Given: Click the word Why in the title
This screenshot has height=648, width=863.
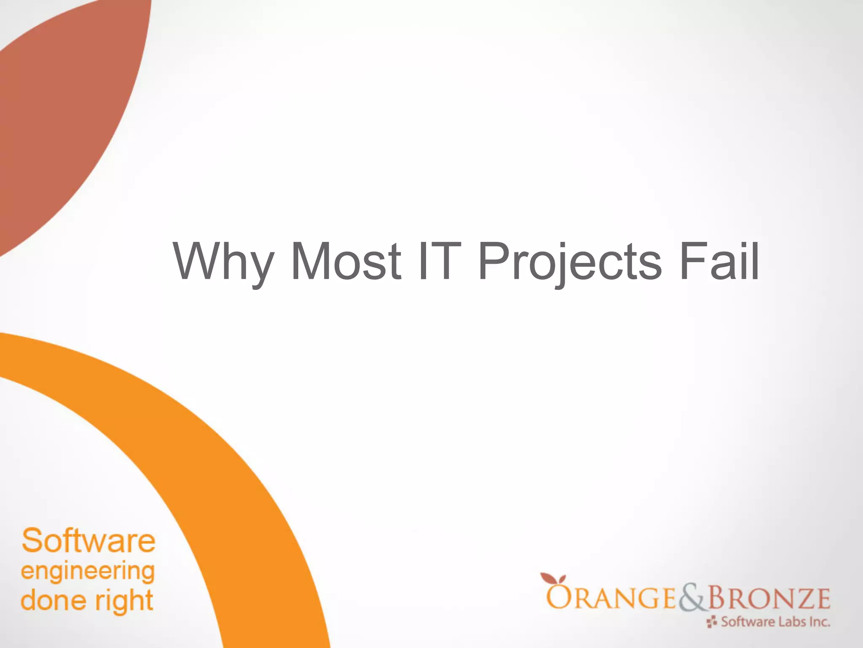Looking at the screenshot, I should pos(223,262).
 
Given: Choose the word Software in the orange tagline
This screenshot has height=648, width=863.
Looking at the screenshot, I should pos(88,541).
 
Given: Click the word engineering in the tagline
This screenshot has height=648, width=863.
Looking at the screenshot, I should pos(88,572).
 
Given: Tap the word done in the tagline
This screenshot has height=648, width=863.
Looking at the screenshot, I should pos(53,600).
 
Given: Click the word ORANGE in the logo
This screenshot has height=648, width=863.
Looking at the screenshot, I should pos(611,598).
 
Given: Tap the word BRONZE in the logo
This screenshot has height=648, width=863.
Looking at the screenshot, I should pos(769,598).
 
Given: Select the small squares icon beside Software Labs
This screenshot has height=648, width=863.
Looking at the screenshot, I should pos(712,622).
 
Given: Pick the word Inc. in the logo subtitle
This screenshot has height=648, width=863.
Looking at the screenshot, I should pos(819,622).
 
